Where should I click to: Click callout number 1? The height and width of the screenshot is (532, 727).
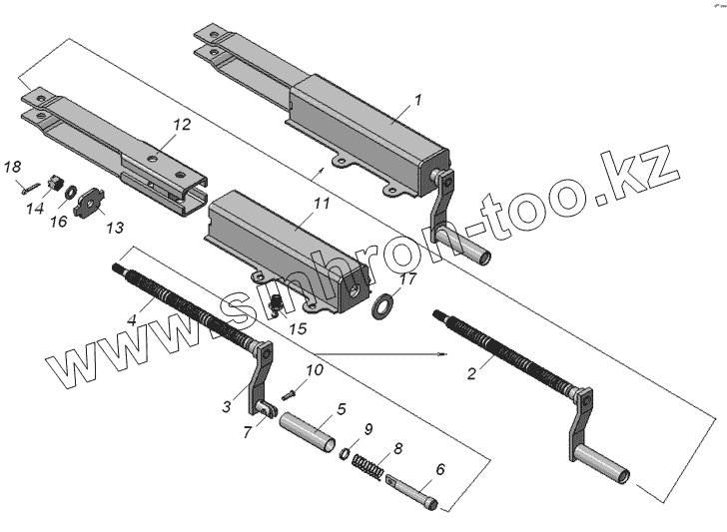point(419,99)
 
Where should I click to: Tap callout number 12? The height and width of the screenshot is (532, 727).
point(181,125)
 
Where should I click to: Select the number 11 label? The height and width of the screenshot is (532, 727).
point(321,204)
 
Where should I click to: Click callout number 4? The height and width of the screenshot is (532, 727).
point(132,321)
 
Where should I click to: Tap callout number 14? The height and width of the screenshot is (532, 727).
point(35,208)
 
